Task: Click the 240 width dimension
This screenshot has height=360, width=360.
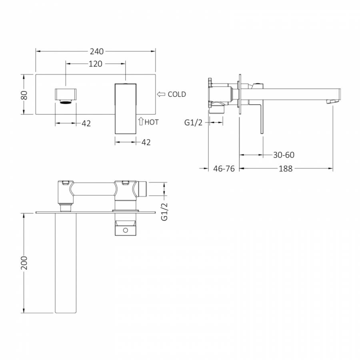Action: point(96,52)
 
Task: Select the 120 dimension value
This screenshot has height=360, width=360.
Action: point(95,64)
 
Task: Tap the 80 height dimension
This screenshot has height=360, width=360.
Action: point(24,95)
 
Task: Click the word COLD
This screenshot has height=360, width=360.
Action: point(177,94)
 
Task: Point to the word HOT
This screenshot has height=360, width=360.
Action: point(152,122)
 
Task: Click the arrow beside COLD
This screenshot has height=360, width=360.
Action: point(161,94)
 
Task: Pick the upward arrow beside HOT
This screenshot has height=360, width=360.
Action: point(141,121)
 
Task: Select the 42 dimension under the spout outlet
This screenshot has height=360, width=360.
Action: point(86,124)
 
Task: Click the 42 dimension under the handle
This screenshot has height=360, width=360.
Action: point(146,142)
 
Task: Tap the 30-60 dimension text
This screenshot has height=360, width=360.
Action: point(284,155)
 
